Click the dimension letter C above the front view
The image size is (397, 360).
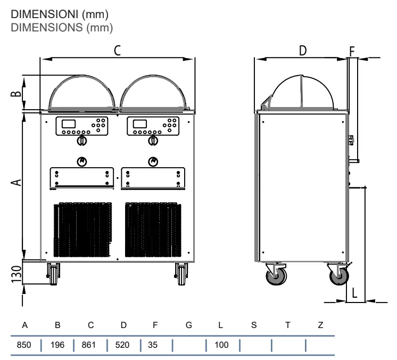pos(117,51)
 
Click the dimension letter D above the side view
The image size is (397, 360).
pos(303,51)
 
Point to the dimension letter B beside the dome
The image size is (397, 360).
pos(16,94)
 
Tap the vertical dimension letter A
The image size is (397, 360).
pos(16,183)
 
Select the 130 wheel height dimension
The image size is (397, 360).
pos(16,274)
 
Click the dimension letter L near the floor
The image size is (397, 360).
pos(354,293)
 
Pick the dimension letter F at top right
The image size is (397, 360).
pos(352,52)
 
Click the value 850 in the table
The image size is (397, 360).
pos(24,345)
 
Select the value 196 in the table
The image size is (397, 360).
pos(57,345)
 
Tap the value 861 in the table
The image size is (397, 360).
pos(89,345)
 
